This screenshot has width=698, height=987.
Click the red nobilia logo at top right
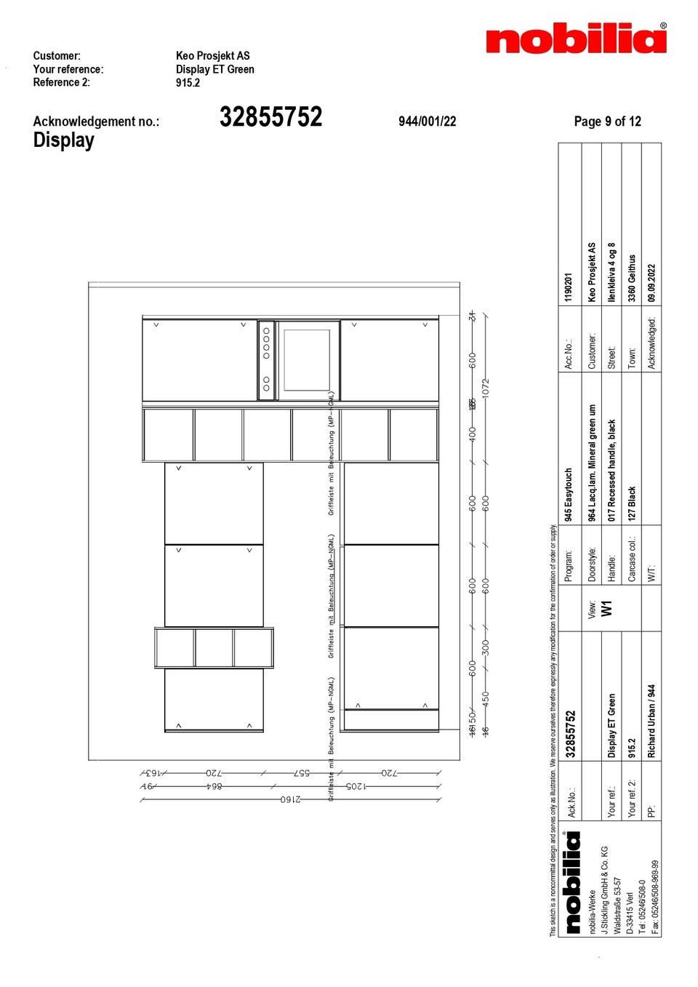tap(576, 39)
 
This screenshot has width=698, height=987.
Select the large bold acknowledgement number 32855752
tap(270, 117)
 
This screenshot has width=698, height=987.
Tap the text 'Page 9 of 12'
tap(607, 121)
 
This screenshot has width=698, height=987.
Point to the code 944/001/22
tap(427, 121)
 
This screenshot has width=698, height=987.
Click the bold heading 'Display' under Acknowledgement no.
tap(63, 140)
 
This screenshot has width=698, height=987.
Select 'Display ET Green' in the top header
tap(214, 69)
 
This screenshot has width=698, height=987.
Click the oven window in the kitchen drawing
tap(307, 360)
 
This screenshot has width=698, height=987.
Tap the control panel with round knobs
tap(266, 360)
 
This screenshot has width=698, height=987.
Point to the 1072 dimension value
tap(486, 387)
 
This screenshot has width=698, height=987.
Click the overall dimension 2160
tap(290, 799)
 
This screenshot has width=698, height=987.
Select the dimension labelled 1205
tap(356, 786)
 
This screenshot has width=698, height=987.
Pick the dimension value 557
tap(301, 773)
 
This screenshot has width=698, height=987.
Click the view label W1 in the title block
tap(606, 608)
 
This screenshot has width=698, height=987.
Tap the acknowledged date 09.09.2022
tap(651, 283)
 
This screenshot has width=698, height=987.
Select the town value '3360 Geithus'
tap(632, 278)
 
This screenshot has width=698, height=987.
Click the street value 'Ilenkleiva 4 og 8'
tap(611, 272)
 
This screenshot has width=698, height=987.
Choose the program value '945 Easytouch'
tap(569, 495)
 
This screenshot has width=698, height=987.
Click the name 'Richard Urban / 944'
tap(651, 722)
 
